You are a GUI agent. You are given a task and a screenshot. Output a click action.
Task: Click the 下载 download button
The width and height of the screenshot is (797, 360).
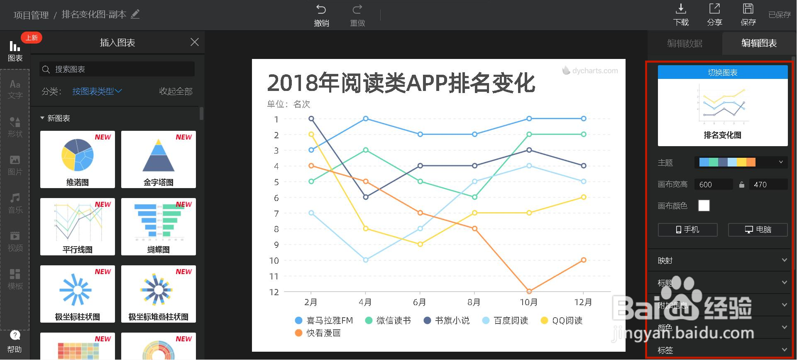[x=681, y=15]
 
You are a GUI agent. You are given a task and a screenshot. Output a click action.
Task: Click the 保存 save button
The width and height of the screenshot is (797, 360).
[x=748, y=15]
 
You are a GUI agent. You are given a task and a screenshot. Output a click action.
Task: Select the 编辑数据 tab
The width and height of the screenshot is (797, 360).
[x=685, y=43]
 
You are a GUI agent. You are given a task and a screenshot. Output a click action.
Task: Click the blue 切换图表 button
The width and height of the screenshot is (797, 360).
[x=722, y=72]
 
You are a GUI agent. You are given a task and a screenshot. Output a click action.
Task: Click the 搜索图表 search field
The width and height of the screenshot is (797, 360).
[x=117, y=69]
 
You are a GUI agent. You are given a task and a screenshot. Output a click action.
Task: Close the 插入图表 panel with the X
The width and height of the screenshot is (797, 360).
[x=194, y=42]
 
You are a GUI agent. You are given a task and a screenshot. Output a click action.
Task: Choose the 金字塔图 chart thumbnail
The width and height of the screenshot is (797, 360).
[x=159, y=159]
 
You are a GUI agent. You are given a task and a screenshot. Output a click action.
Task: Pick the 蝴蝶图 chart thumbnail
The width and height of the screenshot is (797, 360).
[x=159, y=227]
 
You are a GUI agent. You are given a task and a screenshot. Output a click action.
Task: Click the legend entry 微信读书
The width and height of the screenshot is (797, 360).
[x=388, y=321]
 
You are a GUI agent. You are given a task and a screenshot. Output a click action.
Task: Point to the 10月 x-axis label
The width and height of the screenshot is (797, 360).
[x=529, y=302]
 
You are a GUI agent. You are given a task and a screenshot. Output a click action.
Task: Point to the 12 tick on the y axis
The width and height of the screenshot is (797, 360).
[x=274, y=292]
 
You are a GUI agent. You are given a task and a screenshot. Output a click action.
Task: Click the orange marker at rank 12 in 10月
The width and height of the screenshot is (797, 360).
[x=529, y=291]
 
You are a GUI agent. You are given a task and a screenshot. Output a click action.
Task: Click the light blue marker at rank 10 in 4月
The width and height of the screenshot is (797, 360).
[x=366, y=260]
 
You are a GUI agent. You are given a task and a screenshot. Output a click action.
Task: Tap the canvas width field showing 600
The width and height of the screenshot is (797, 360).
[x=713, y=184]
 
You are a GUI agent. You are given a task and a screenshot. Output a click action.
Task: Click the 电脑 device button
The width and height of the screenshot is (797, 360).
[x=758, y=230]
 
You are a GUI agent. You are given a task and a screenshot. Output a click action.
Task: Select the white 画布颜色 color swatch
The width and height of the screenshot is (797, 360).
[x=704, y=206]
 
